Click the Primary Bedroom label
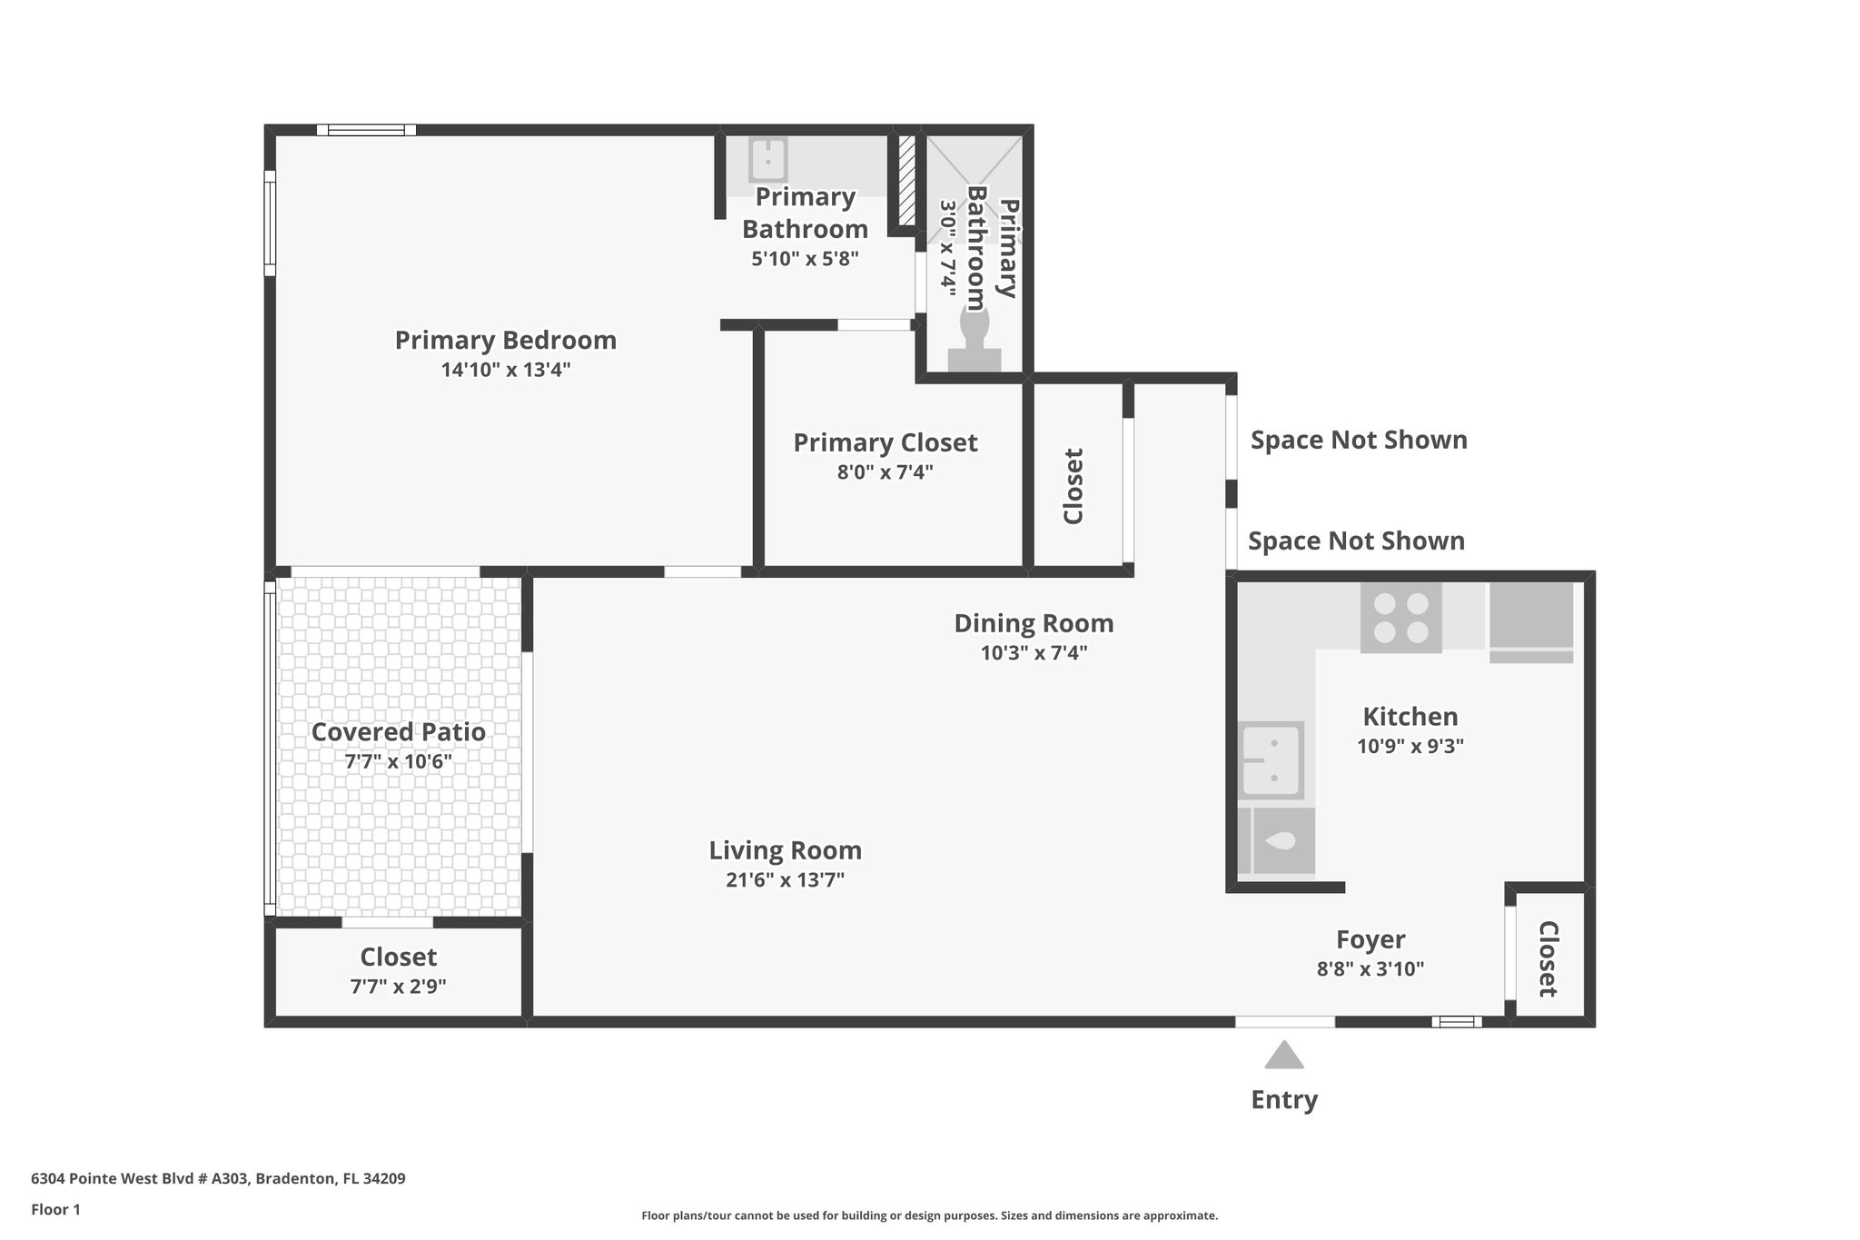pos(505,341)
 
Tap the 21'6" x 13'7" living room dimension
pos(785,880)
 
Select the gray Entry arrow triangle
pos(1284,1056)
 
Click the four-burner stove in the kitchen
pos(1400,618)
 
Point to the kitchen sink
pos(1272,759)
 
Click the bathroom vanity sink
pos(767,161)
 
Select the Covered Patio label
pos(398,732)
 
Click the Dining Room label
pos(1034,623)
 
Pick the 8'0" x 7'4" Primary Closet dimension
pos(885,472)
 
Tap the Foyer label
pos(1370,939)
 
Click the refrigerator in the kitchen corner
pos(1531,621)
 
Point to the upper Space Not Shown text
pos(1359,440)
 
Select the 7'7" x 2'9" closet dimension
pos(398,986)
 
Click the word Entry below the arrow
pos(1284,1100)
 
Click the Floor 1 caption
pos(55,1210)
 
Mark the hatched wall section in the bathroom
pos(905,180)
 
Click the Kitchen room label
pos(1410,717)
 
